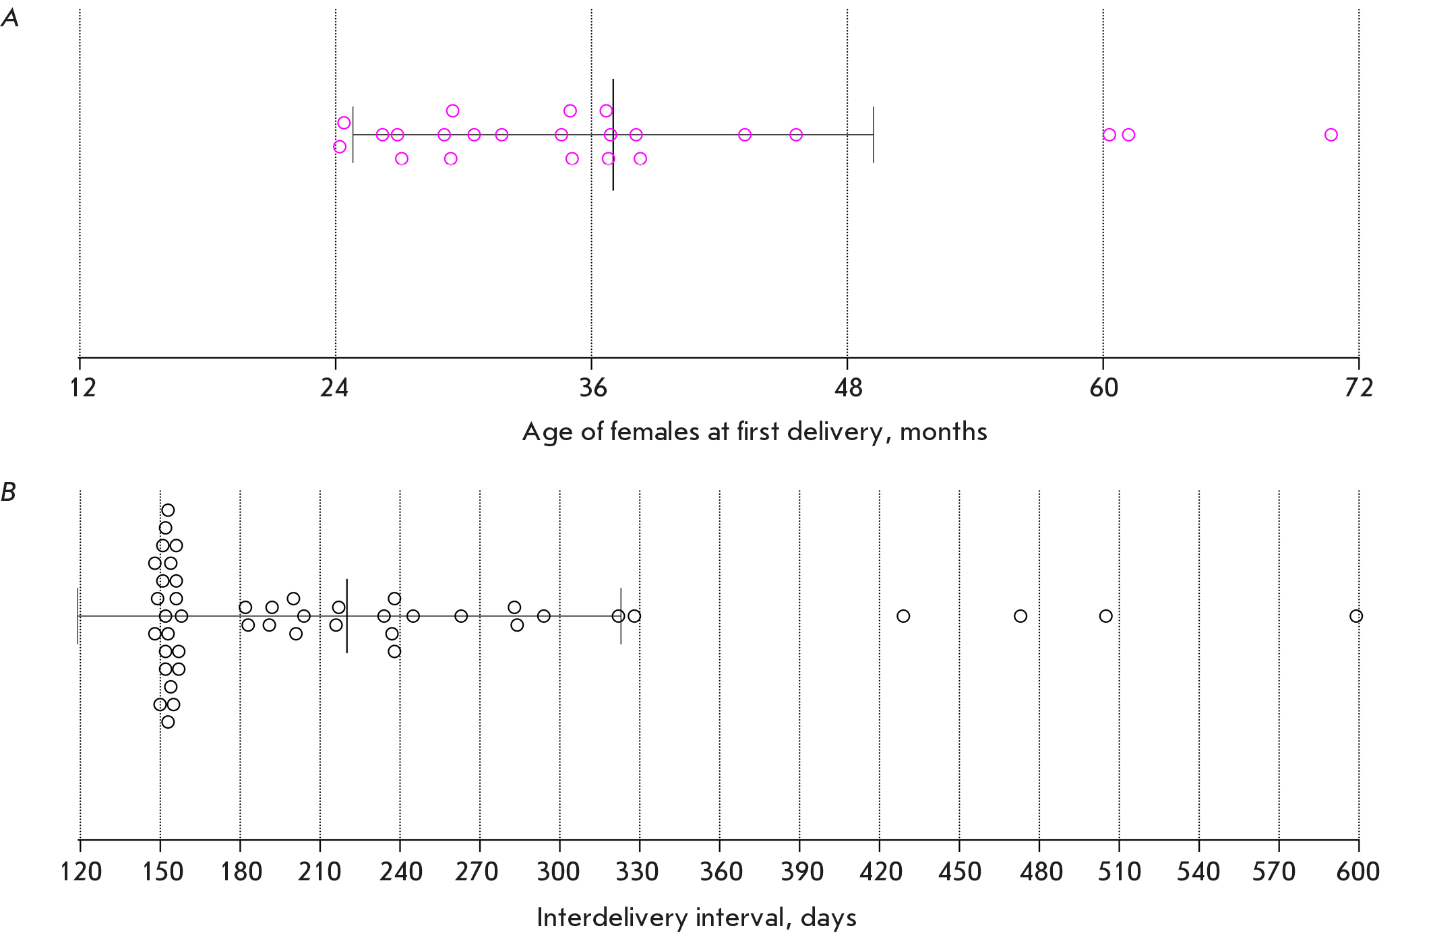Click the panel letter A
[x=9, y=18]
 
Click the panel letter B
[x=8, y=492]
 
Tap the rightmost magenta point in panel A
[x=1331, y=135]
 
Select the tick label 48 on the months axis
[x=847, y=388]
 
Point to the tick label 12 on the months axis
[x=82, y=388]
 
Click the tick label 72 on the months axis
[x=1358, y=388]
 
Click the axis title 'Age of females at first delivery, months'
[x=754, y=432]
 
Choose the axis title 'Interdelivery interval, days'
[x=696, y=918]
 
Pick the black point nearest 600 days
[x=1356, y=616]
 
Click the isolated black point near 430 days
[x=903, y=616]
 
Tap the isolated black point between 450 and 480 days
[x=1020, y=616]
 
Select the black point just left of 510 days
[x=1105, y=616]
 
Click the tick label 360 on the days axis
[x=721, y=872]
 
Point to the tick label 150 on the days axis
[x=162, y=872]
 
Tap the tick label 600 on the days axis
[x=1358, y=872]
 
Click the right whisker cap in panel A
[x=874, y=135]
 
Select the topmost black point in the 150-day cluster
[x=168, y=510]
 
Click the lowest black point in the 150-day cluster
[x=168, y=722]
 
